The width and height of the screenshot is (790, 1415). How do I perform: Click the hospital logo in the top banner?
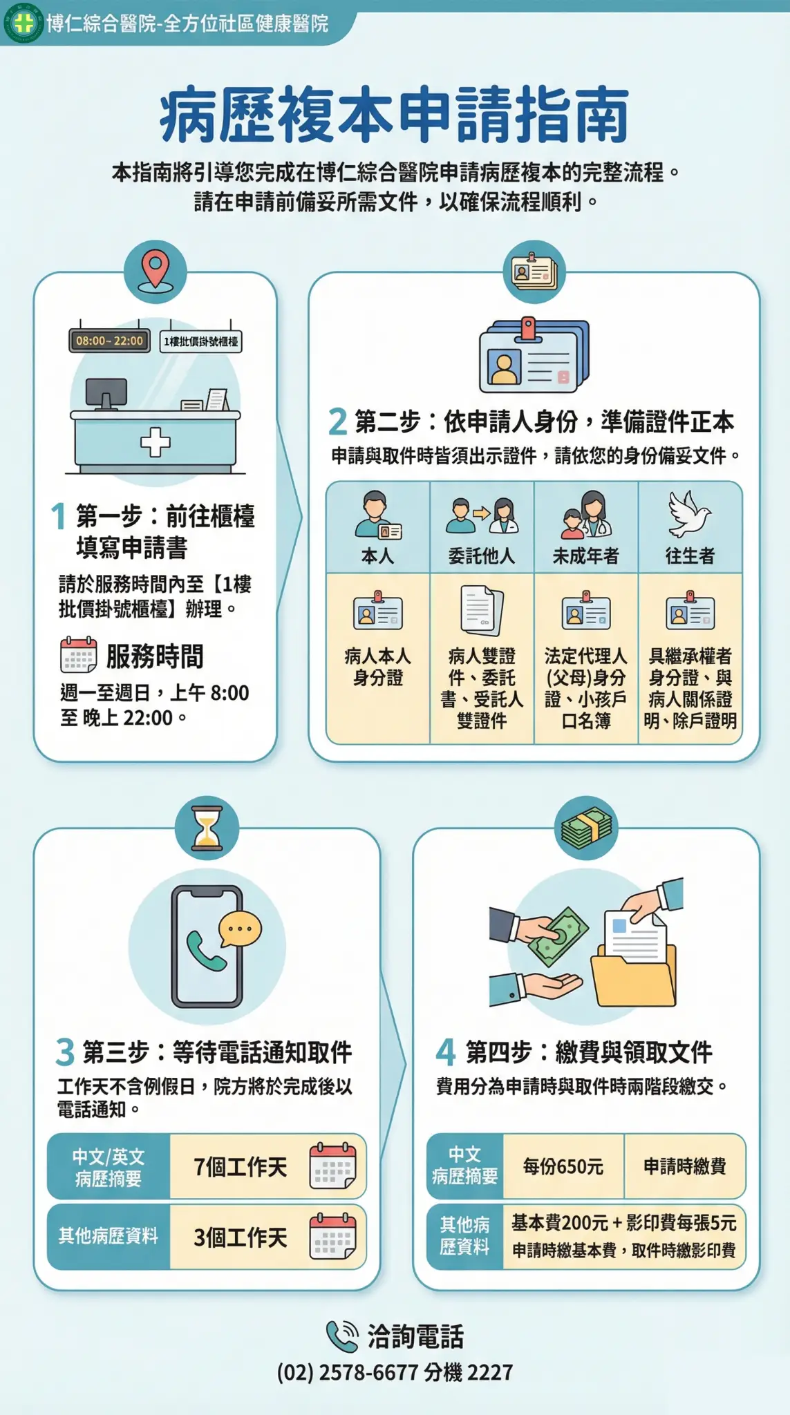(23, 23)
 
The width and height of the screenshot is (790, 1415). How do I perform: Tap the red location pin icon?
(156, 269)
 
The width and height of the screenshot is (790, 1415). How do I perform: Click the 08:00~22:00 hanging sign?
(109, 341)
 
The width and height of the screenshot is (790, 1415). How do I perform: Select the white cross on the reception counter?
(156, 442)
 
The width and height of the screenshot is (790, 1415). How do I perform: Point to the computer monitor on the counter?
(106, 395)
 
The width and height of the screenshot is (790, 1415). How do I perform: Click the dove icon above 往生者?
(689, 514)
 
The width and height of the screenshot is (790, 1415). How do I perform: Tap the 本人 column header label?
(377, 555)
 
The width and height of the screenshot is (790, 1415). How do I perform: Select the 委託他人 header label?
(482, 555)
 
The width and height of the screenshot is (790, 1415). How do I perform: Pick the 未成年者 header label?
(585, 555)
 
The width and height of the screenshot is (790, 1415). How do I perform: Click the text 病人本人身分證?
(377, 667)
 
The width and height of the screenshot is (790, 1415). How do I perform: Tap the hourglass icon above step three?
(207, 828)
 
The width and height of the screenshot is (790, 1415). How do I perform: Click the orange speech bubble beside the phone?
(240, 930)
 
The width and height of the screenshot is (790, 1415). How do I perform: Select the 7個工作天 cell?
(267, 1167)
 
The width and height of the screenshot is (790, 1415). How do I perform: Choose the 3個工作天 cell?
(267, 1237)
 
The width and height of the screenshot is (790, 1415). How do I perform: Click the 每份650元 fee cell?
(563, 1166)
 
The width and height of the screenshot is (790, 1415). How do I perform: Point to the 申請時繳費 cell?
(685, 1166)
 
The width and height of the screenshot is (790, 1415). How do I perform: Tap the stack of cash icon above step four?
(587, 827)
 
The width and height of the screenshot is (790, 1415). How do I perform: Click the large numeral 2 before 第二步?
(337, 421)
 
